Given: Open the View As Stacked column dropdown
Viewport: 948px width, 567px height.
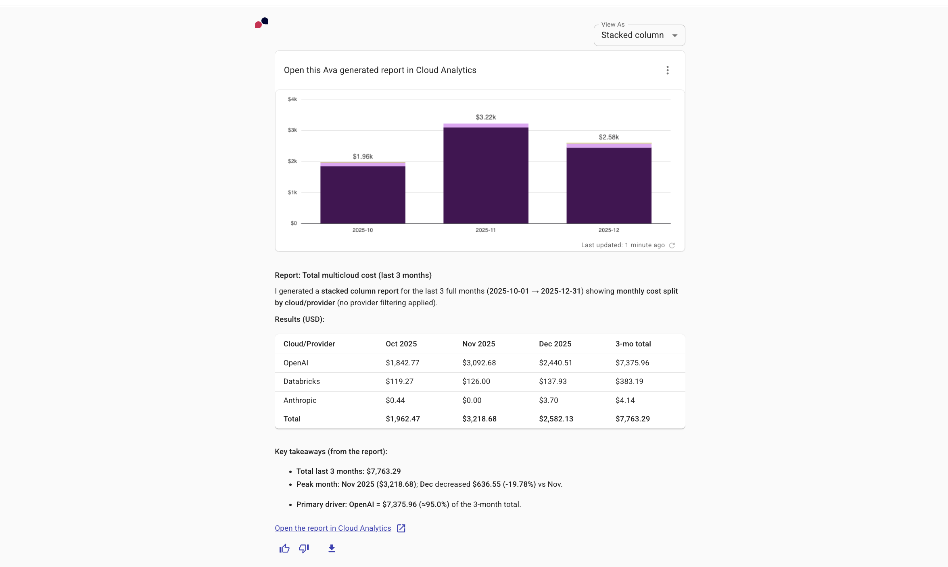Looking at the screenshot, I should (x=639, y=35).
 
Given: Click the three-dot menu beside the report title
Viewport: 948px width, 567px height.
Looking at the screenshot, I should (x=667, y=70).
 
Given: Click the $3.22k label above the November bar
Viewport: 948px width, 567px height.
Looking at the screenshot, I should (x=486, y=117).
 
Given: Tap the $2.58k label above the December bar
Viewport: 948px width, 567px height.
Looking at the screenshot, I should (x=608, y=137).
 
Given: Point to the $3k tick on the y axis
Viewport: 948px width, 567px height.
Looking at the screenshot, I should (x=292, y=130).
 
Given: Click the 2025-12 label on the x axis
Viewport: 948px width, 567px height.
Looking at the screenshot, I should (x=608, y=230).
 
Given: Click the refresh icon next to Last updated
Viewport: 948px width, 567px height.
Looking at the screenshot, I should (x=672, y=245).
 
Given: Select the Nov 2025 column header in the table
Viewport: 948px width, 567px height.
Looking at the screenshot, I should (x=478, y=344).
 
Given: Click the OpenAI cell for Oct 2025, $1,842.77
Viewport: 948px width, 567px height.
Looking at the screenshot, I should (x=402, y=363).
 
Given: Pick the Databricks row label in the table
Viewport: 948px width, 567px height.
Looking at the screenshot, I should (x=301, y=381).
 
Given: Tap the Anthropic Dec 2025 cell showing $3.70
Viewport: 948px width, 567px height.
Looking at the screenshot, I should (x=548, y=400).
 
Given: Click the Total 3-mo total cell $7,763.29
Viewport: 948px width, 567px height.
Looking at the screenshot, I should (x=632, y=419).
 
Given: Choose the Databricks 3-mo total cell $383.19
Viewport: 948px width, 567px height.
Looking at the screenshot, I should (x=629, y=381).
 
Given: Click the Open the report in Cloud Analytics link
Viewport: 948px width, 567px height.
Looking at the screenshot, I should (x=333, y=528).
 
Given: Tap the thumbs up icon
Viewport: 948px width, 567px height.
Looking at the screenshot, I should (x=284, y=548).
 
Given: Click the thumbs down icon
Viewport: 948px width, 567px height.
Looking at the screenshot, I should (x=304, y=548).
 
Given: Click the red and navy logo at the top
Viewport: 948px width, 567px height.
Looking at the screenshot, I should (x=261, y=23).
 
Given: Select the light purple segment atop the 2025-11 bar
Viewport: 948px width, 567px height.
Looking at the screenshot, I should (x=486, y=125).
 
